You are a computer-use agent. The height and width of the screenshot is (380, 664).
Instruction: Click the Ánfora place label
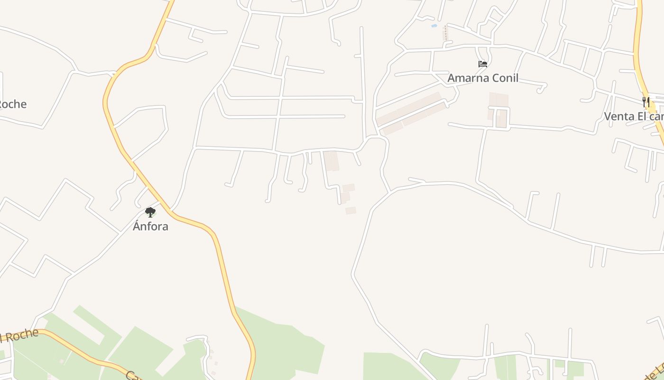click(x=150, y=226)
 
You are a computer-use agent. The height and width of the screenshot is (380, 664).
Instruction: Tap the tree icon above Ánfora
click(x=150, y=212)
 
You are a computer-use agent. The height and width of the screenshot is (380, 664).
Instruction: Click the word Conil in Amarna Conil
click(x=505, y=78)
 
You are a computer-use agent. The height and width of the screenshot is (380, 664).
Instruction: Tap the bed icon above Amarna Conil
click(x=483, y=64)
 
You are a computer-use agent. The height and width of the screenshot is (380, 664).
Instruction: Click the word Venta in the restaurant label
click(x=618, y=116)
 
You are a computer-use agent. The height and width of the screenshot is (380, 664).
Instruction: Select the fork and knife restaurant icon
click(x=646, y=102)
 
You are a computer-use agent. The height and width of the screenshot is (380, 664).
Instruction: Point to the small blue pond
click(x=434, y=26)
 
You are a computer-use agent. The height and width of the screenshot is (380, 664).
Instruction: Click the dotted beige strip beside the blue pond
click(x=445, y=33)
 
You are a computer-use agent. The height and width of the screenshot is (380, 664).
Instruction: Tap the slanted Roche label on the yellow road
click(x=19, y=335)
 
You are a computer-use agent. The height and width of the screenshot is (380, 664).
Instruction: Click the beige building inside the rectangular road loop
click(x=501, y=118)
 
